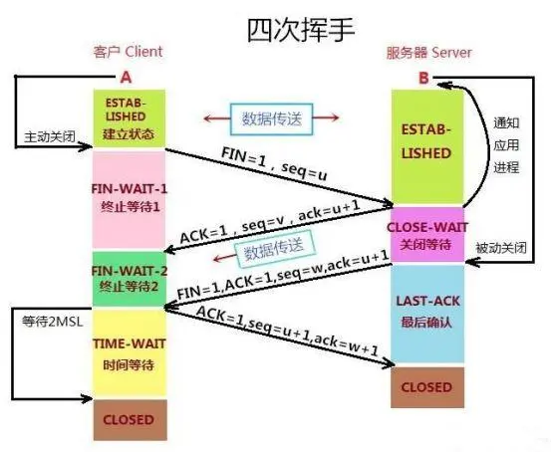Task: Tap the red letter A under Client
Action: click(125, 76)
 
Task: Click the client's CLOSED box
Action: click(127, 419)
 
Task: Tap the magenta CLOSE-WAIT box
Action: click(427, 234)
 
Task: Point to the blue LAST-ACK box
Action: click(427, 312)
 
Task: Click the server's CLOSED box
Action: click(427, 386)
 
